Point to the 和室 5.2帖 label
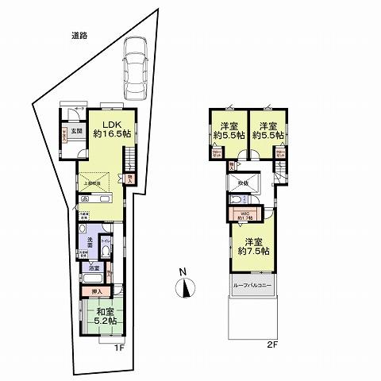click(x=102, y=317)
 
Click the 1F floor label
click(x=118, y=348)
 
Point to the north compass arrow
click(x=184, y=289)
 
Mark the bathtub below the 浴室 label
click(x=93, y=279)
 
